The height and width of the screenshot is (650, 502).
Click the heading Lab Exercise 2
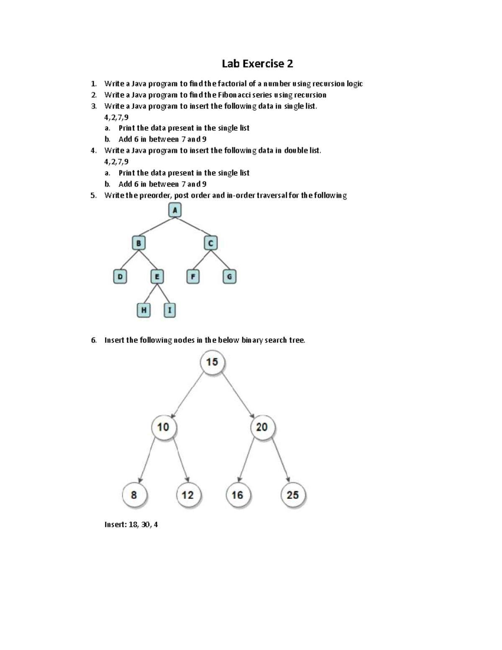tap(257, 64)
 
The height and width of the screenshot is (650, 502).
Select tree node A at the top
tap(175, 210)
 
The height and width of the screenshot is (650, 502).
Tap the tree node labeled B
tap(138, 243)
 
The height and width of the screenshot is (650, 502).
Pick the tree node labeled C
tap(210, 243)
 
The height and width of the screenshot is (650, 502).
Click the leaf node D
tap(120, 276)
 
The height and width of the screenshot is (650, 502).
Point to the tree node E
tap(157, 276)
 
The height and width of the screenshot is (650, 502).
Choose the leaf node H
tap(143, 310)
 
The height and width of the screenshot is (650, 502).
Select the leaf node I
tap(169, 310)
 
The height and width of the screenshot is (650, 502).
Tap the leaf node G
tap(229, 276)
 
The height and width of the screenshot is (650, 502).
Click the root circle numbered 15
tap(212, 362)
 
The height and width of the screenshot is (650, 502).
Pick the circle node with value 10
tap(163, 427)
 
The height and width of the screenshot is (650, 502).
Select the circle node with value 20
tap(262, 427)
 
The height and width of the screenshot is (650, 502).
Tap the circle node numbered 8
tap(134, 495)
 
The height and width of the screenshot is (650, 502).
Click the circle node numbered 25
tap(292, 495)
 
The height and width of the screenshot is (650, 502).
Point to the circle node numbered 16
tap(237, 495)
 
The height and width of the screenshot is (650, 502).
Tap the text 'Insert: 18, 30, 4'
tap(131, 524)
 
